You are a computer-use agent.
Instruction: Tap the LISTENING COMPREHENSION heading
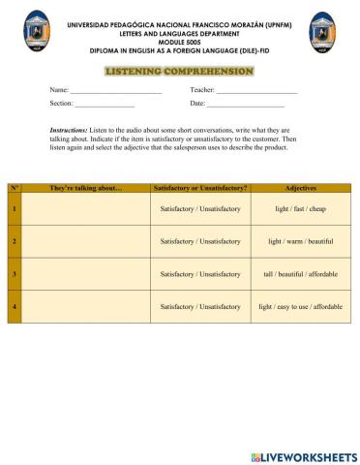pos(179,72)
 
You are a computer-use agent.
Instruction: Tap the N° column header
pos(15,187)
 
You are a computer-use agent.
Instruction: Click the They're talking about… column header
pos(86,187)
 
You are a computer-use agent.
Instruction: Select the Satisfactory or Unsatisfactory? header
pos(200,187)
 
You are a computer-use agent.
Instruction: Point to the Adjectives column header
pos(300,187)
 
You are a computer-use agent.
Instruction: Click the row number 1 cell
pos(15,208)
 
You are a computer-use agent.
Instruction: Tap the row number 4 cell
pos(15,306)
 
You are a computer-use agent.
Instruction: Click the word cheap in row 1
pos(317,208)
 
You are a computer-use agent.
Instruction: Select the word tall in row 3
pos(268,274)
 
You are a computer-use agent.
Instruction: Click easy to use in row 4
pos(292,306)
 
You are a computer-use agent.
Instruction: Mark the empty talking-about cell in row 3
pos(86,274)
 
